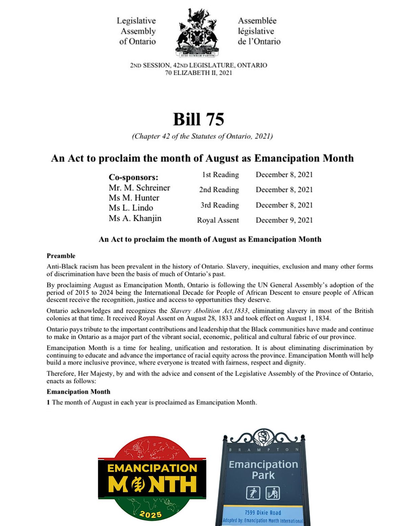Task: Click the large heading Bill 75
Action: (199, 119)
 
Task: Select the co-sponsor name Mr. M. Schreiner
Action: (139, 188)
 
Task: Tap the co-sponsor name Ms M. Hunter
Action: (134, 198)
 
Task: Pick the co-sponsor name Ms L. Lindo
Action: (131, 208)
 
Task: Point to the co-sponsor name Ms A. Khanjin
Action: (135, 218)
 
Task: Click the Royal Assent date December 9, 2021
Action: (284, 220)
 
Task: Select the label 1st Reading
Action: (220, 175)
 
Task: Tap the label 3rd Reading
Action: (220, 205)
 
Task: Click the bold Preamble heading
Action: (61, 256)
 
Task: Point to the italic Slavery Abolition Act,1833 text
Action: (209, 311)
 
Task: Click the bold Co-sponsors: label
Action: (134, 177)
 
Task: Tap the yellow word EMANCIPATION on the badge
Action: (152, 468)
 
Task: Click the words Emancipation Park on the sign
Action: (263, 469)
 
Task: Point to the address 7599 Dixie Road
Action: (263, 513)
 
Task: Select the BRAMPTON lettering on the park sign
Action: (264, 450)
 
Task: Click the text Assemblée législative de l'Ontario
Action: (259, 31)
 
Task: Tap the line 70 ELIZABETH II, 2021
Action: (199, 73)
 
